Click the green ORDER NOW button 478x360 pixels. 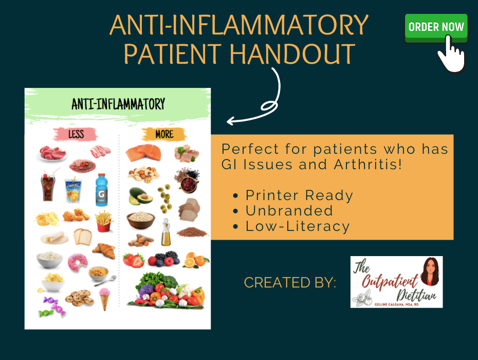coord(436,27)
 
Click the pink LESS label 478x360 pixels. coord(76,135)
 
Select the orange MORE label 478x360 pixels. coord(164,135)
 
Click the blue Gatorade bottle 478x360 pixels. coord(101,189)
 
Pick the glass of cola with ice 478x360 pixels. coord(48,187)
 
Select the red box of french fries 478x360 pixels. coord(104,220)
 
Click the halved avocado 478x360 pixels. coord(138,196)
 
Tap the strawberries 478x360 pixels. coord(134,260)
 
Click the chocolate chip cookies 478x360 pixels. coord(79,298)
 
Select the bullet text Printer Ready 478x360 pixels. coord(299,195)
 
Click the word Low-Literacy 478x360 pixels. coord(297,226)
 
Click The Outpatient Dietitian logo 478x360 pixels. coord(396,282)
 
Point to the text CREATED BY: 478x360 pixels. coord(290,282)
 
